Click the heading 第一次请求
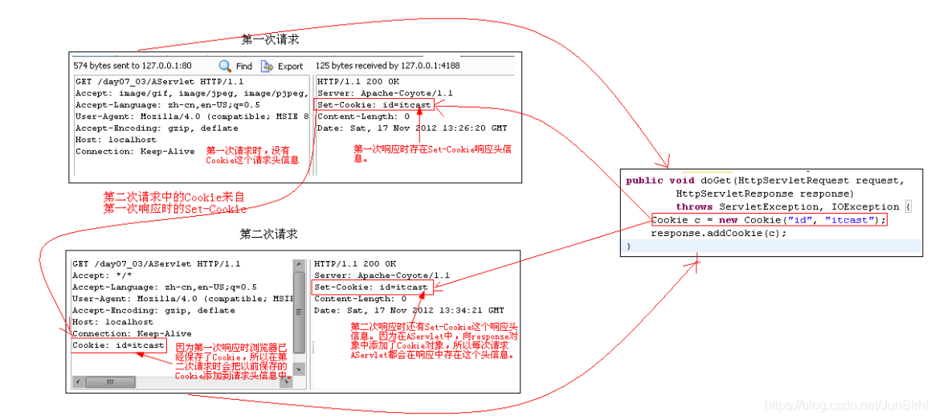click(271, 39)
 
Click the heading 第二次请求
click(268, 234)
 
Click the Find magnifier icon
click(226, 66)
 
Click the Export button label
click(290, 67)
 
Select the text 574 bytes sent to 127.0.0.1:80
click(133, 66)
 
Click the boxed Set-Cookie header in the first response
click(374, 105)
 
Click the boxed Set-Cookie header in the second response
click(371, 287)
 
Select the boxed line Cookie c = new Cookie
click(769, 220)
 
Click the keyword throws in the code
click(694, 206)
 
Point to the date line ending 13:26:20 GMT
click(412, 128)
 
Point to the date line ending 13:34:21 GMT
click(409, 311)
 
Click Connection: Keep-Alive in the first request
click(135, 151)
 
